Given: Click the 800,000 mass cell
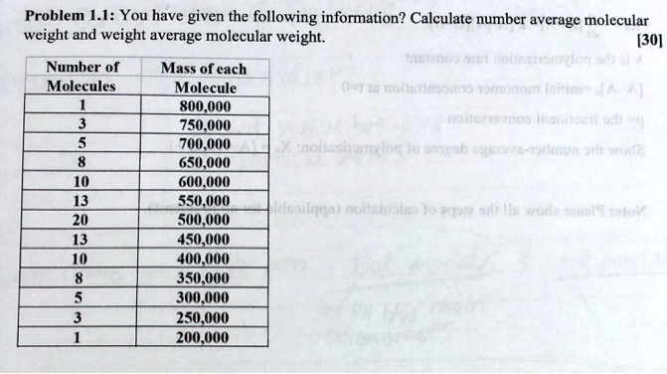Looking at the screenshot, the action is [x=203, y=107].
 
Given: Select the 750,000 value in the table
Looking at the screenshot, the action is [x=203, y=124].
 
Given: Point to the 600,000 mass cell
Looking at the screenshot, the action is [x=203, y=182].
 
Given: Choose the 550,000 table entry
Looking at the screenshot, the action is [x=203, y=200].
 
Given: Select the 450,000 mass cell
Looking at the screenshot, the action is [x=203, y=239].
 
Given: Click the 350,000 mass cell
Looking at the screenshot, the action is [x=203, y=278].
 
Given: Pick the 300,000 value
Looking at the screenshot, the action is [x=203, y=297].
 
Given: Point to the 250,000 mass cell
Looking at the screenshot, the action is [x=203, y=317].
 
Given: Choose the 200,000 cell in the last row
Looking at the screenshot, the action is [x=203, y=336].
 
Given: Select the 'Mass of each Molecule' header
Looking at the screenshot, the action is [x=203, y=79].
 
